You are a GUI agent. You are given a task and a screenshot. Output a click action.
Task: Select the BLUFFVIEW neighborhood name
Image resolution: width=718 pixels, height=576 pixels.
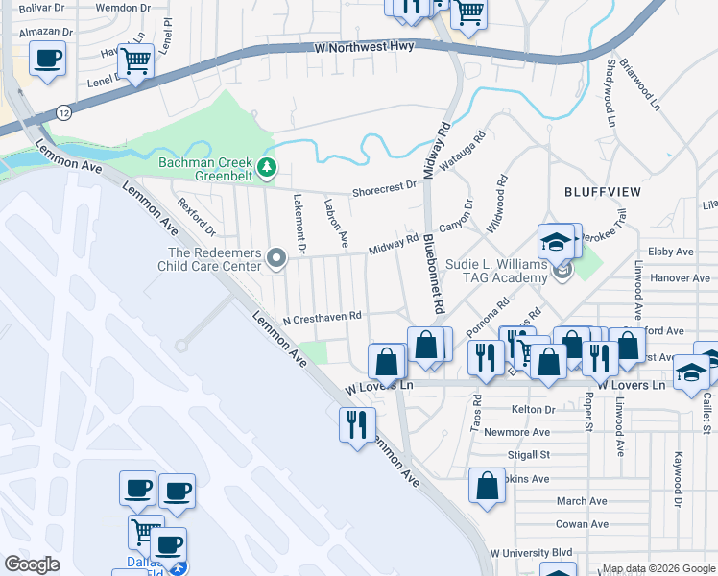tap(601, 192)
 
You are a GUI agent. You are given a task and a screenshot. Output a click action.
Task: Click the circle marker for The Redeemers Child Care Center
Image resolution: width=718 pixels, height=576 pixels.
tap(277, 257)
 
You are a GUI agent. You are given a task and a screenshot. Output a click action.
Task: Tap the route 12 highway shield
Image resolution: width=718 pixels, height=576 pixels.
tap(62, 111)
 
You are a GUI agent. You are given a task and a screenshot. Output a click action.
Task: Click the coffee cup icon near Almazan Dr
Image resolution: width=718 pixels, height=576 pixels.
tap(47, 59)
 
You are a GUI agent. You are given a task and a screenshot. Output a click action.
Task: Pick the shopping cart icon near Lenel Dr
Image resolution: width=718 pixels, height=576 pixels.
tap(135, 61)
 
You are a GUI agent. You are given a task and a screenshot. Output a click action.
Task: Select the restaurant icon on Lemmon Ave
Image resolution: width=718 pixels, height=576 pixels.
tap(357, 423)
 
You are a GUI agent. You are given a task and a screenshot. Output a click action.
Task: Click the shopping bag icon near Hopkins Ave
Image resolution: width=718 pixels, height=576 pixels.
tap(487, 485)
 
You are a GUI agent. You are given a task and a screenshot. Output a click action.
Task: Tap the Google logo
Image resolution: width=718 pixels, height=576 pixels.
tap(34, 564)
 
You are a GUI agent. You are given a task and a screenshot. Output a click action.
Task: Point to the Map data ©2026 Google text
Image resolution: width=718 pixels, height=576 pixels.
tap(658, 568)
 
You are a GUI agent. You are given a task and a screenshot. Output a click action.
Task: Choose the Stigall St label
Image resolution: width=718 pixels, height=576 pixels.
tap(529, 455)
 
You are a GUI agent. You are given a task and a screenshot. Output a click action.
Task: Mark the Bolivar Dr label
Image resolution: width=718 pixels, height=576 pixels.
tap(47, 8)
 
